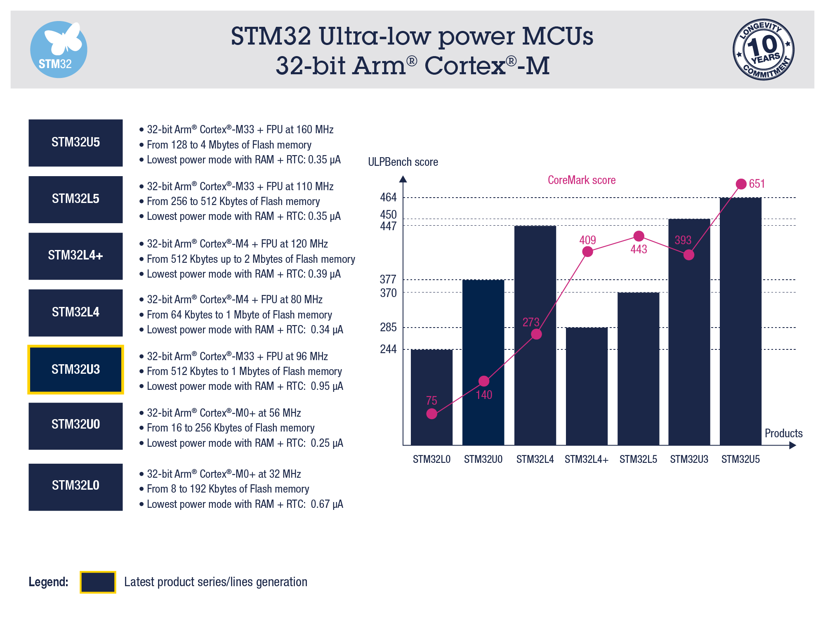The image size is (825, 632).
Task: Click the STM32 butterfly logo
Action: [x=59, y=50]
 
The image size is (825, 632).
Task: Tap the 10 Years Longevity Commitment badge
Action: [x=764, y=50]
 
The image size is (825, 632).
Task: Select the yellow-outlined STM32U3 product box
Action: [x=75, y=369]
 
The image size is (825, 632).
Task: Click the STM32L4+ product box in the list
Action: [x=75, y=256]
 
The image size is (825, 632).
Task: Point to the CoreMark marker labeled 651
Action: [x=741, y=184]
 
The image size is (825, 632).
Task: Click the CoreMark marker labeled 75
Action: [x=431, y=413]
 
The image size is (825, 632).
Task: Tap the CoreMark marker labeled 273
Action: [x=536, y=334]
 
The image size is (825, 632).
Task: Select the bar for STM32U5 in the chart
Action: [x=740, y=322]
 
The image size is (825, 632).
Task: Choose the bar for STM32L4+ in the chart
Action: [x=587, y=388]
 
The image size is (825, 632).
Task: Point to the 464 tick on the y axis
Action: [x=388, y=198]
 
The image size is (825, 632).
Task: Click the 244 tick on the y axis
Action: [x=388, y=349]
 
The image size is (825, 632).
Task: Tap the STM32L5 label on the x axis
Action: [x=638, y=459]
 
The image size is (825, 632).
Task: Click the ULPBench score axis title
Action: [x=403, y=162]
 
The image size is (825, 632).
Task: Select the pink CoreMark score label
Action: [x=582, y=180]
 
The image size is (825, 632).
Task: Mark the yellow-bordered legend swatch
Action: [x=98, y=582]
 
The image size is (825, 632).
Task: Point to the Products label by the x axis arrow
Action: [x=783, y=433]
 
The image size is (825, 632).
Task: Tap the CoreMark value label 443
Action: [x=639, y=249]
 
